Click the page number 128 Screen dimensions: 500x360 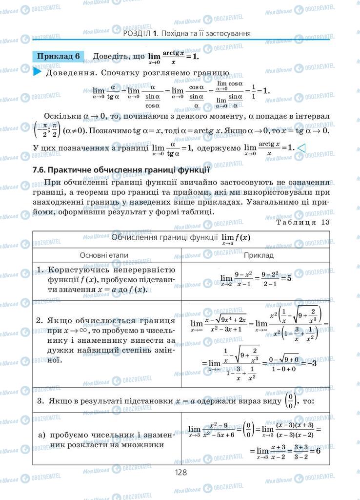(x=180, y=472)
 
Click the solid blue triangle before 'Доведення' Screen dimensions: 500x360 (x=37, y=73)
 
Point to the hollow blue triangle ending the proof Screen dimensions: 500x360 (x=301, y=147)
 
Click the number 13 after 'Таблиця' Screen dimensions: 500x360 (x=325, y=222)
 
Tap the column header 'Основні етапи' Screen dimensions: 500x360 (x=107, y=255)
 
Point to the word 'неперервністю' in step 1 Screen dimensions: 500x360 (x=141, y=270)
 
